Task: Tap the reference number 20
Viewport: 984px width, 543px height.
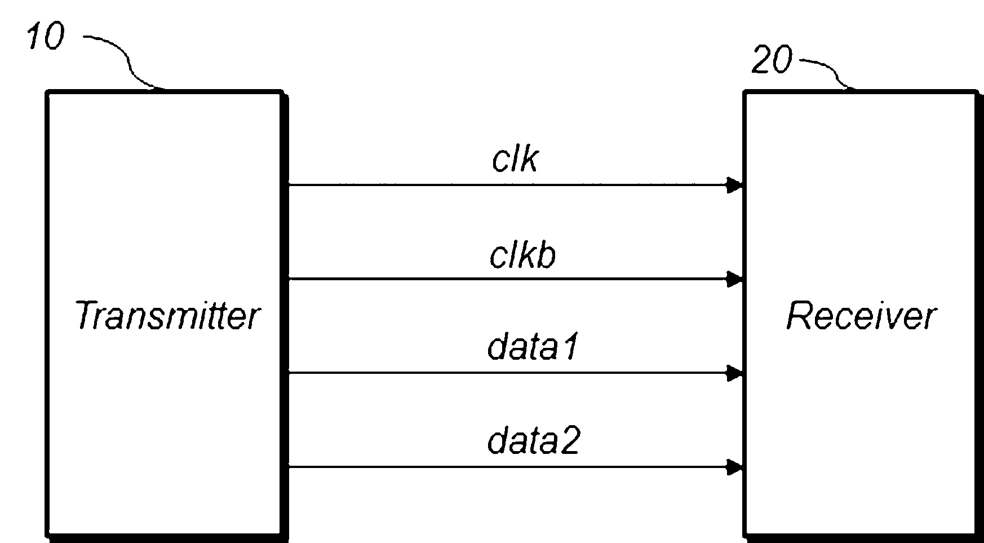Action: (x=772, y=60)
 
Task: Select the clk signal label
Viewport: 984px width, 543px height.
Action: (x=515, y=159)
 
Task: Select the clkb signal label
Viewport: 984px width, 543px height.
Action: (x=522, y=255)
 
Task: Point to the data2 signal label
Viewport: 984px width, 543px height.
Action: (x=533, y=441)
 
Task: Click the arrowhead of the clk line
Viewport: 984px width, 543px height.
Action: (x=734, y=185)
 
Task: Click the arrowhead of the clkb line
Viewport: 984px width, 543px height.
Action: (x=734, y=279)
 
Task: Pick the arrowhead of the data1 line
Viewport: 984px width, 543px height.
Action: (x=734, y=373)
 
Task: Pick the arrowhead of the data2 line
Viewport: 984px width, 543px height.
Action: (x=734, y=467)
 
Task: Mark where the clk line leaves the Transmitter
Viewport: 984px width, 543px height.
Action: (x=289, y=185)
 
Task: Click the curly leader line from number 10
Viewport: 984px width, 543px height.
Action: (x=130, y=62)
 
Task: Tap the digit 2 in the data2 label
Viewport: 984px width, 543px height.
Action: (x=569, y=441)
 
